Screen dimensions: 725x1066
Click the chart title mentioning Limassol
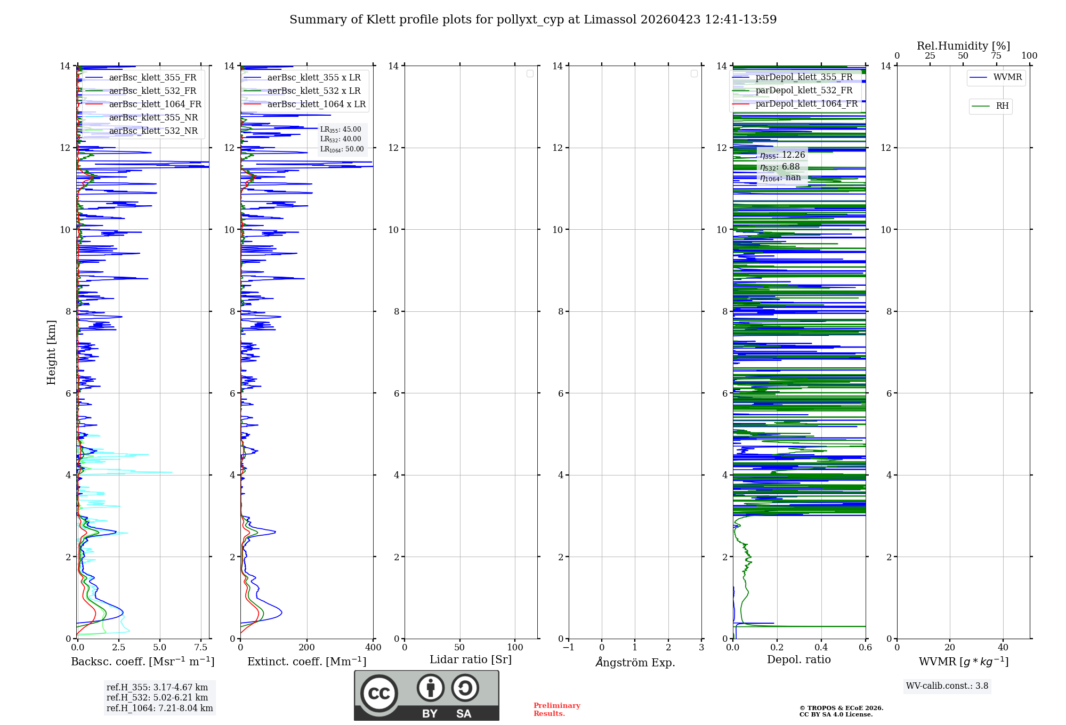pos(533,20)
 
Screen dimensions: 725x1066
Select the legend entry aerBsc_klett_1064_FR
pos(155,104)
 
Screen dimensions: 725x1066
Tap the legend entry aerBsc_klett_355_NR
pos(153,118)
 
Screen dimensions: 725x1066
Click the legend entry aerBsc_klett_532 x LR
pos(313,91)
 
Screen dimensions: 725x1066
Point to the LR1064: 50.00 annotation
pos(342,149)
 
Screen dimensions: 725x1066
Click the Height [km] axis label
pos(51,352)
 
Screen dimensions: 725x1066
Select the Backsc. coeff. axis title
pos(142,662)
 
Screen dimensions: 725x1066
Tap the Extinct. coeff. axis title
pos(306,662)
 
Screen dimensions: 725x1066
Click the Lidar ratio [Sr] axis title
pos(470,660)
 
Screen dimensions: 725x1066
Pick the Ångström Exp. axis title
pos(635,662)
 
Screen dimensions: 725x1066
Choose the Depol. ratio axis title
pos(798,660)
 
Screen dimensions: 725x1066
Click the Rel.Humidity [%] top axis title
pos(963,46)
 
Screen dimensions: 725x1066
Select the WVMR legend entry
pos(1007,77)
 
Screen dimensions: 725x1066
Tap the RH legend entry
pos(1002,106)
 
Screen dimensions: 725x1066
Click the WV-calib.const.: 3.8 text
pos(947,686)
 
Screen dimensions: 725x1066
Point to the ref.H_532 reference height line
pos(157,698)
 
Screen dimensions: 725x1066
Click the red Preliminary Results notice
pos(556,710)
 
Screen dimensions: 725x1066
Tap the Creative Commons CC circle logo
pos(379,694)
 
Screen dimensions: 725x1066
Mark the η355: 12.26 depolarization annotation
pos(782,155)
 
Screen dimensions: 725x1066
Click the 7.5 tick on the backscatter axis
pos(201,648)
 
